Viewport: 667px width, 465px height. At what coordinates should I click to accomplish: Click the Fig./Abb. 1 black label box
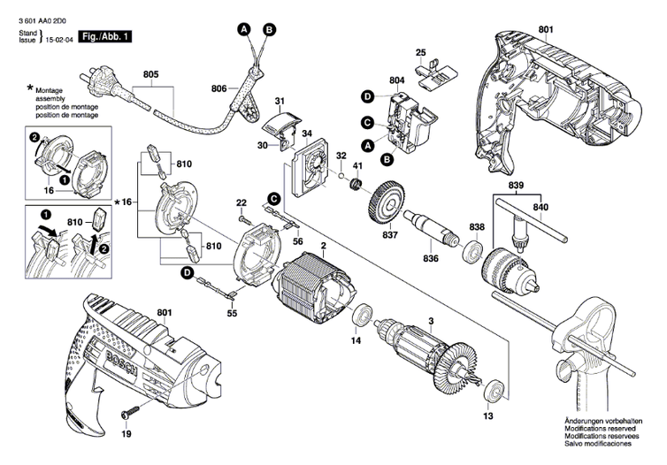tap(104, 36)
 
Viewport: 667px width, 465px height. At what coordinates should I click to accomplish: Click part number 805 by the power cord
tap(150, 76)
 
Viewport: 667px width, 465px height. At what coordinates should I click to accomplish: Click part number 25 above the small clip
tap(420, 52)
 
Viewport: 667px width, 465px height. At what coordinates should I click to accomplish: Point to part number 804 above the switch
tap(395, 81)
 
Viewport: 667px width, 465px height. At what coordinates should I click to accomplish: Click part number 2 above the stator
tap(324, 245)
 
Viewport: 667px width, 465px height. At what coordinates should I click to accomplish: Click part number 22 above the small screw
tap(241, 204)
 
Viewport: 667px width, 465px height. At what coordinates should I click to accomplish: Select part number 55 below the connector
tap(232, 313)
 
